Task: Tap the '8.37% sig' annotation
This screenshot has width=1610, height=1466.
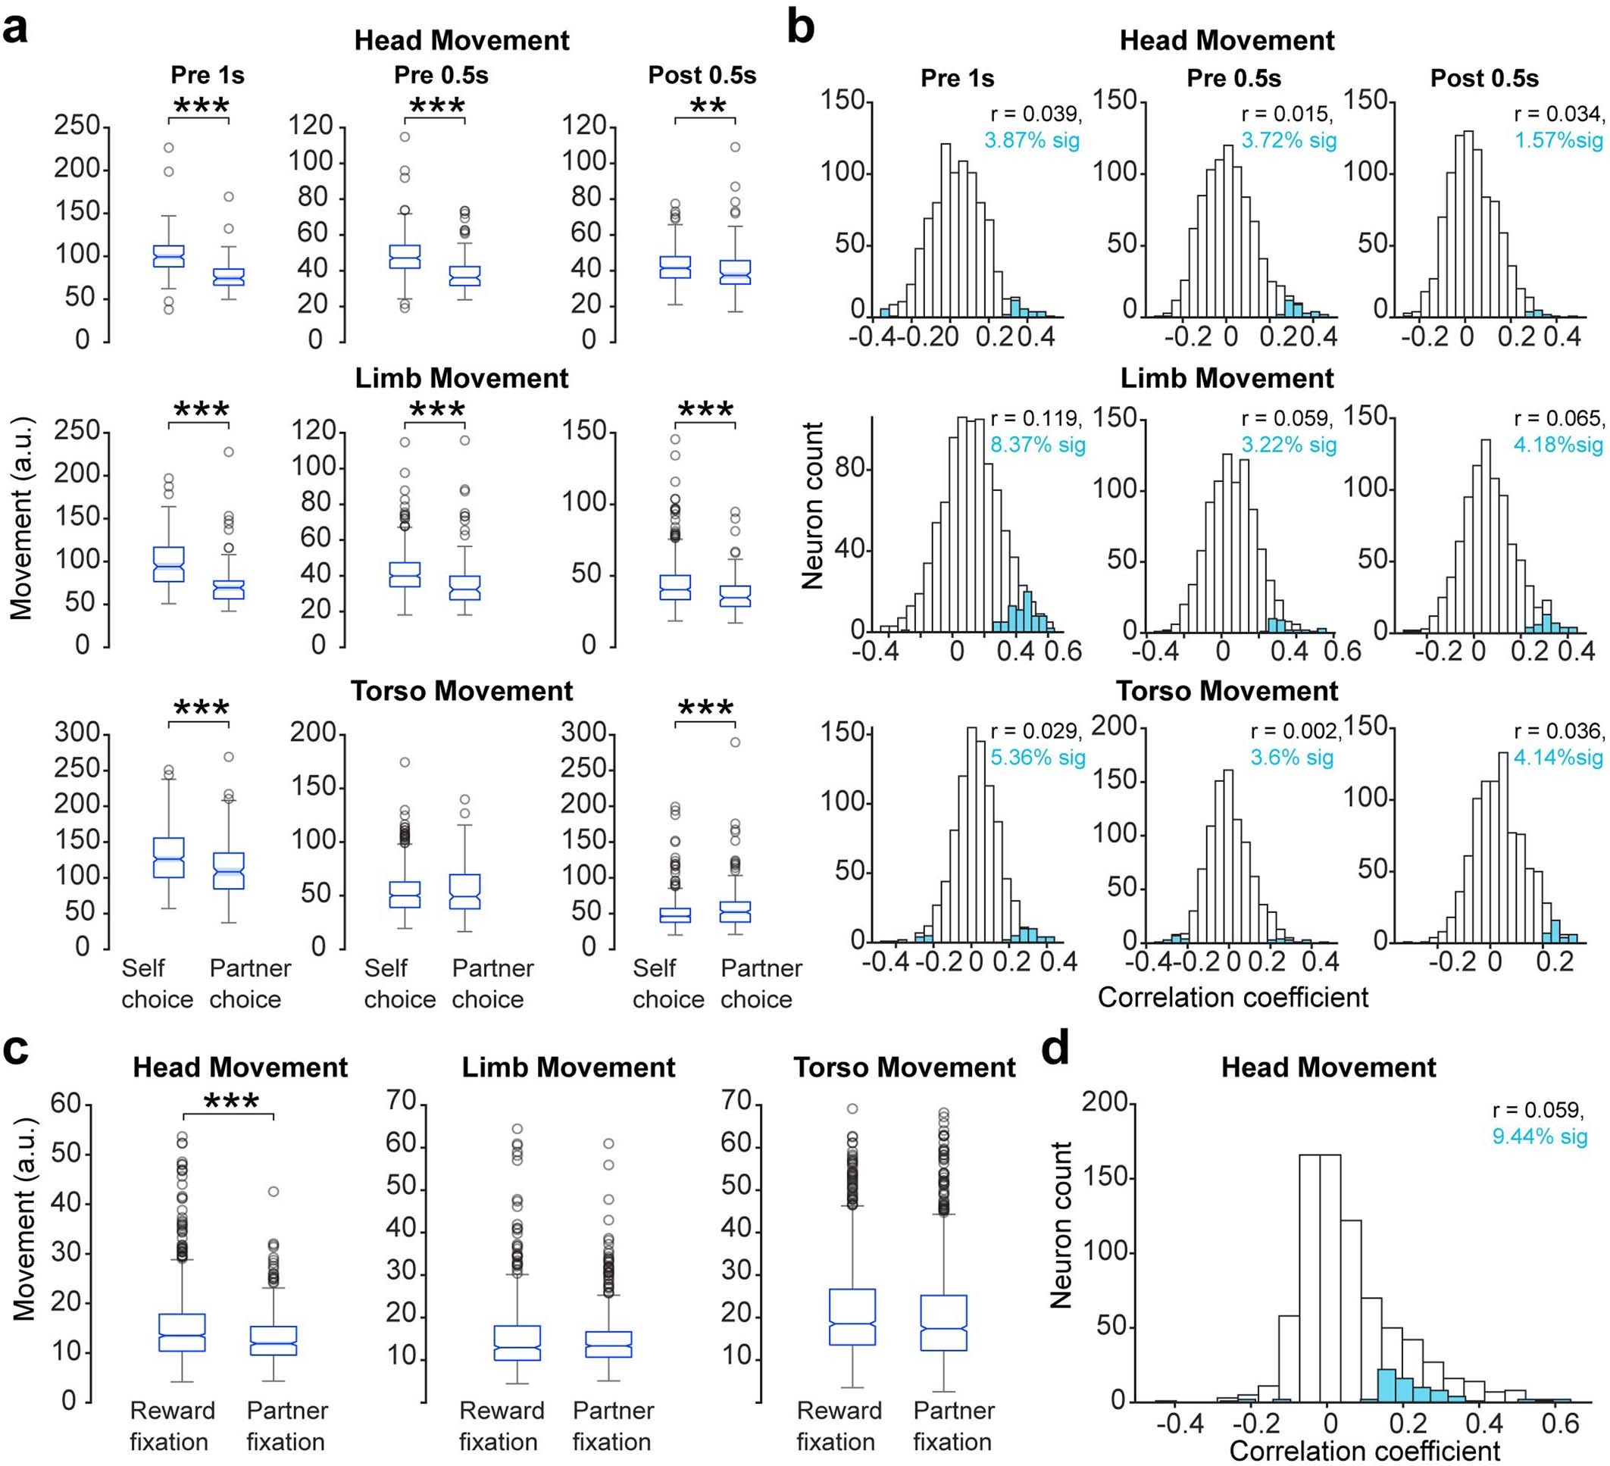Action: (1037, 444)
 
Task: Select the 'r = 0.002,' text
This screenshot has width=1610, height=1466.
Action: (1296, 730)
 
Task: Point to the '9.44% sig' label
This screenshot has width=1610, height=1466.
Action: (1539, 1136)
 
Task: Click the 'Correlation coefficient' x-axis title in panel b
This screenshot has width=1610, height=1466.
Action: (1233, 996)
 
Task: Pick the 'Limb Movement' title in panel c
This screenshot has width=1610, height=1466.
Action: (568, 1067)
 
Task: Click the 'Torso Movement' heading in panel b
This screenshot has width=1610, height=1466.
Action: (1227, 691)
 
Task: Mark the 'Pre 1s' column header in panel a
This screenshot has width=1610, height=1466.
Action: (208, 75)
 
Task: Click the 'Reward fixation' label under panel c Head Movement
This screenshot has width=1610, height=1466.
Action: (172, 1426)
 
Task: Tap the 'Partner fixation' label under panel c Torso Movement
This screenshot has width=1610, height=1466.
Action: (954, 1426)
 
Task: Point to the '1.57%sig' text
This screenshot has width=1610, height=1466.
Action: (1559, 140)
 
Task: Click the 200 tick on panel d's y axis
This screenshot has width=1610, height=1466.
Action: (1104, 1102)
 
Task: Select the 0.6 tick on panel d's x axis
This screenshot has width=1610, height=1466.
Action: (1560, 1424)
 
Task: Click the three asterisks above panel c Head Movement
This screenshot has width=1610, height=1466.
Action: (231, 1102)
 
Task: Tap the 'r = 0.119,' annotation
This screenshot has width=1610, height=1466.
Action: (1036, 417)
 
